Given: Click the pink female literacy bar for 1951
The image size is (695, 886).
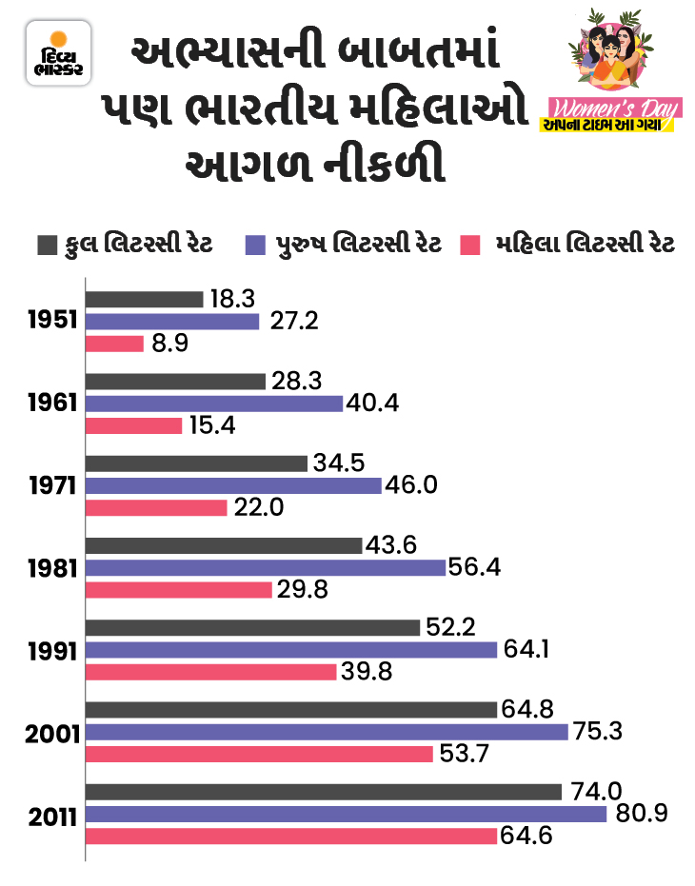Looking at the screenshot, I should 115,344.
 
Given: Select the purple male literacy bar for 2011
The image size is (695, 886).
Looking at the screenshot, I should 347,815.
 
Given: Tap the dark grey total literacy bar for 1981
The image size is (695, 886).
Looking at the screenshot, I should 225,545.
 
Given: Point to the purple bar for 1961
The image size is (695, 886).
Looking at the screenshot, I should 214,404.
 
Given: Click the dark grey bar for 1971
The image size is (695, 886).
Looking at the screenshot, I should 198,463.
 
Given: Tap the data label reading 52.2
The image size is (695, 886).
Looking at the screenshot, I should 450,627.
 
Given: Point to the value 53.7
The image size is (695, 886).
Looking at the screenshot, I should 465,755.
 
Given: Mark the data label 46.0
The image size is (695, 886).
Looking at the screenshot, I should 412,485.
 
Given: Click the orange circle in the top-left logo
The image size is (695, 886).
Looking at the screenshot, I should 59,42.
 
